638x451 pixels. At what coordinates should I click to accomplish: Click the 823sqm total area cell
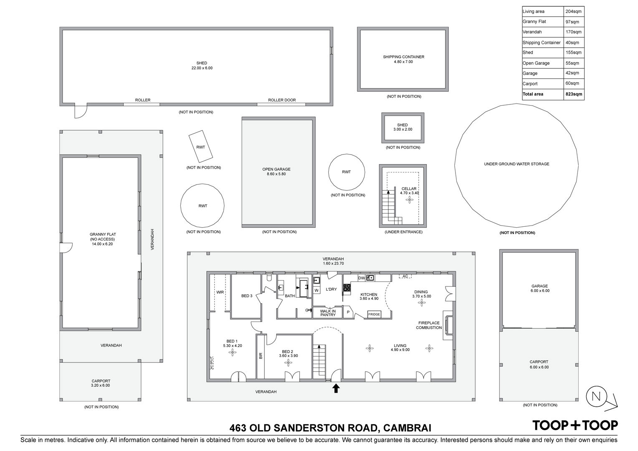[574, 94]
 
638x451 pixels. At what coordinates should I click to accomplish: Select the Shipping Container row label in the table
[542, 43]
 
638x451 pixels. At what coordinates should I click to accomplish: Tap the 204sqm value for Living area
[573, 11]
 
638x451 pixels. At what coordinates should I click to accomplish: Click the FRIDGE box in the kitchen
[374, 314]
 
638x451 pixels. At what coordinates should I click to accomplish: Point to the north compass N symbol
[596, 397]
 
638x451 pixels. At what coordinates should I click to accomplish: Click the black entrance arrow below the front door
[336, 388]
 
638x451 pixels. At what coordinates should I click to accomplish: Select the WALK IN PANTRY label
[328, 313]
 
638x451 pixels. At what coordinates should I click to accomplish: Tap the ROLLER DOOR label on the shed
[282, 100]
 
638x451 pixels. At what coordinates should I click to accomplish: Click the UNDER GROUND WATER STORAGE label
[516, 164]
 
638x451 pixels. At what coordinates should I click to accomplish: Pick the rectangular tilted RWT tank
[201, 147]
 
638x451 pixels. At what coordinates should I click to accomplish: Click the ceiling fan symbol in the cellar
[410, 200]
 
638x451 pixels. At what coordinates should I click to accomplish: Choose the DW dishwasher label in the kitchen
[362, 278]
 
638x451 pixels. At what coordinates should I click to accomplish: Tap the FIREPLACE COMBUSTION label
[429, 325]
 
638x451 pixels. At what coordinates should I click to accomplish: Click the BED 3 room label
[247, 296]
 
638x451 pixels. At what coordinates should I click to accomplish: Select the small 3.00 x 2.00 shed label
[403, 127]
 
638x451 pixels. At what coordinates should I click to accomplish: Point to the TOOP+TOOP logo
[575, 426]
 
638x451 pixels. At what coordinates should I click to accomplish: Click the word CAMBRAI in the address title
[407, 428]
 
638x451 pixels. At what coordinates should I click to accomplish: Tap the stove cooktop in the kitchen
[347, 287]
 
